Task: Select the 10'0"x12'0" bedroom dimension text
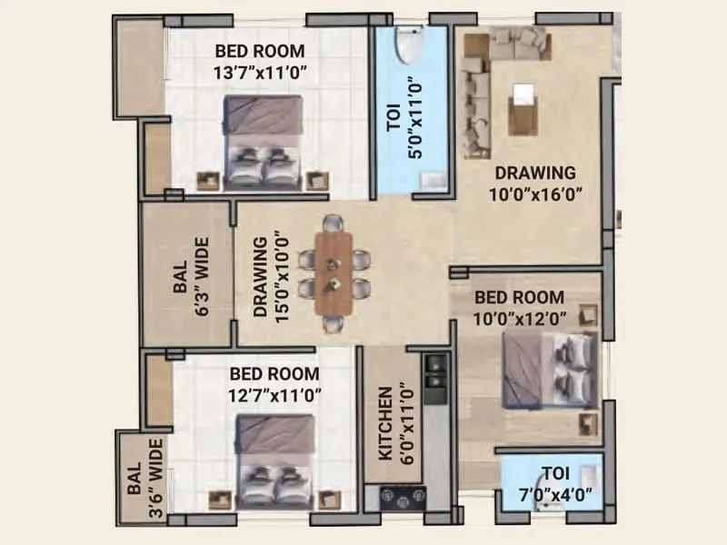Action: (521, 318)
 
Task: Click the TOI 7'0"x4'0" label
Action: (558, 484)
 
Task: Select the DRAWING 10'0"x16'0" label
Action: (534, 182)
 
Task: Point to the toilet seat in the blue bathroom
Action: (407, 45)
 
